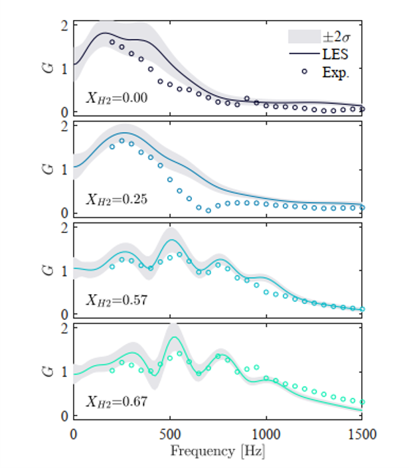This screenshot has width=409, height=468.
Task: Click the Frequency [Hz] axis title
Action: pyautogui.click(x=217, y=452)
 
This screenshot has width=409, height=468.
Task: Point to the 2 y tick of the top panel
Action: pyautogui.click(x=64, y=27)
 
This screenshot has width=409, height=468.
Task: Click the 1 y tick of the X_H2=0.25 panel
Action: pyautogui.click(x=64, y=169)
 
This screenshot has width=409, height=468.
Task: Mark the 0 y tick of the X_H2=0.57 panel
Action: pyautogui.click(x=64, y=314)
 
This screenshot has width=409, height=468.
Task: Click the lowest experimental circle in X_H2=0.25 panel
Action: pyautogui.click(x=208, y=210)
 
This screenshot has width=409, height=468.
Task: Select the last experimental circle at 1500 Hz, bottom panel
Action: pyautogui.click(x=363, y=402)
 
